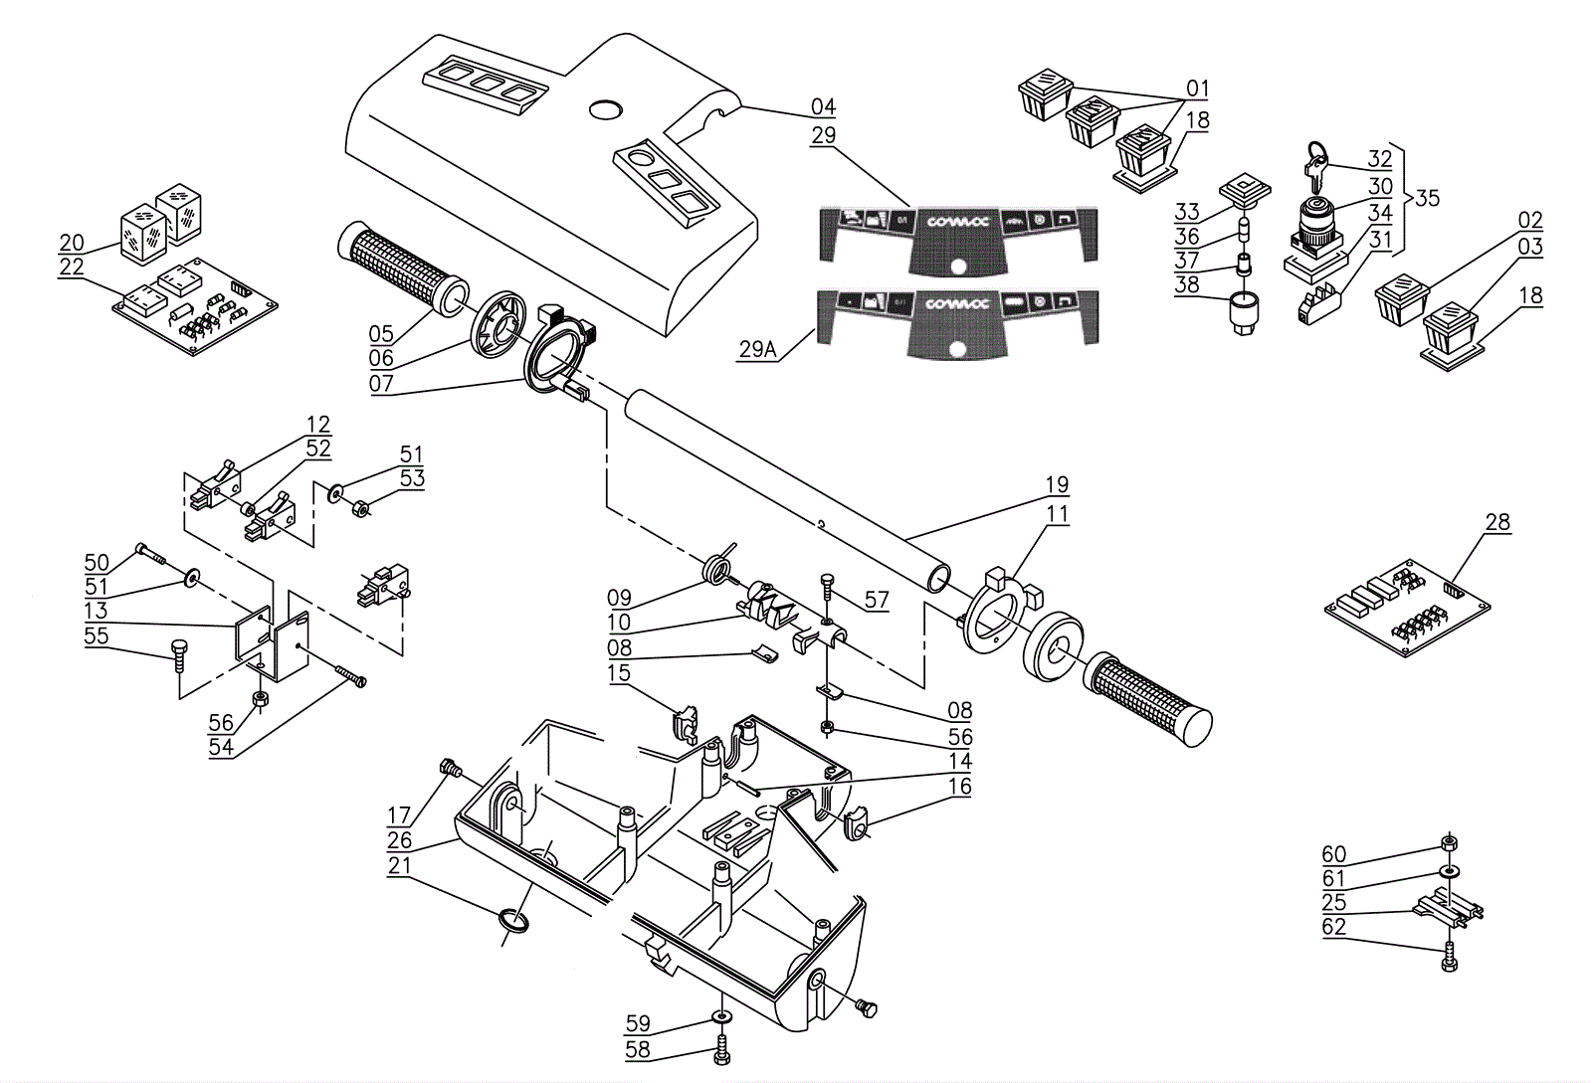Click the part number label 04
click(x=823, y=107)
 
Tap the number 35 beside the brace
click(x=1427, y=198)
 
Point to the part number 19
click(x=1057, y=485)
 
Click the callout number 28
click(x=1496, y=522)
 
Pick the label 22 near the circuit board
click(x=72, y=268)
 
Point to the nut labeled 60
click(x=1449, y=844)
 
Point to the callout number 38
click(x=1187, y=286)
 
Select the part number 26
click(x=400, y=841)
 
